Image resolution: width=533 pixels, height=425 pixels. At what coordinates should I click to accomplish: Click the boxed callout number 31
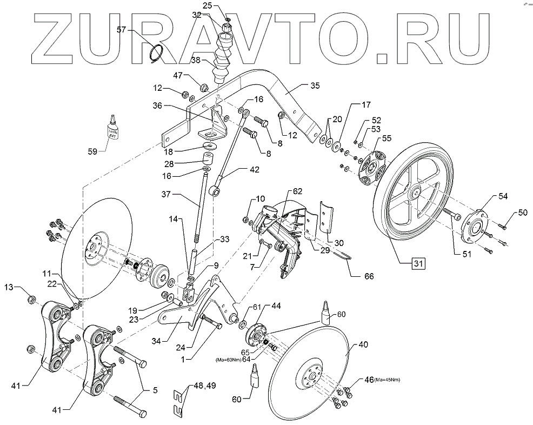(418, 263)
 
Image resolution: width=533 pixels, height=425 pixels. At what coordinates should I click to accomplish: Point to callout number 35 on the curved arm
(315, 85)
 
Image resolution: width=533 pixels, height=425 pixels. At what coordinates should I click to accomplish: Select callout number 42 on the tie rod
(254, 169)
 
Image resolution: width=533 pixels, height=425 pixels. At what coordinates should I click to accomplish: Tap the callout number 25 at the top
(208, 5)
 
